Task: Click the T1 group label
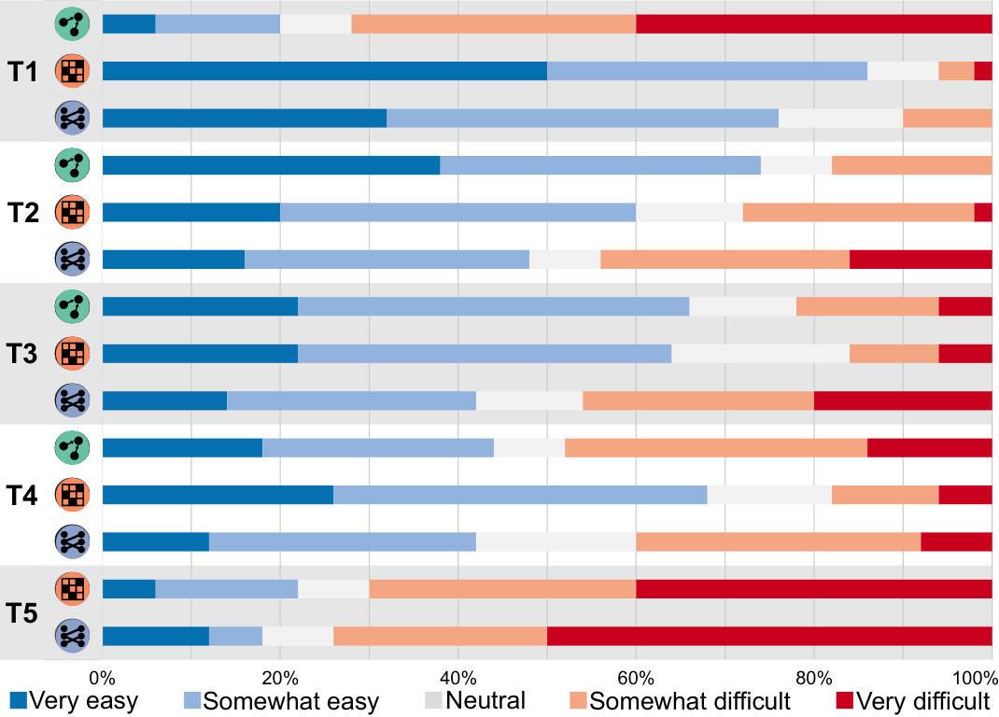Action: tap(22, 71)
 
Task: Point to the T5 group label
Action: tap(22, 613)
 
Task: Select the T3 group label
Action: tap(22, 353)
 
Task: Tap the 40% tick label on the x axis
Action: tap(458, 678)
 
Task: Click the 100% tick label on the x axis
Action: tap(975, 678)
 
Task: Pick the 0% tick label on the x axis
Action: tap(102, 678)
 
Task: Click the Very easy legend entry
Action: tap(74, 700)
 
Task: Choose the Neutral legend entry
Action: tap(475, 700)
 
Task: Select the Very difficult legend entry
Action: tap(914, 700)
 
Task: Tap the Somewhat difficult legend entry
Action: tap(680, 700)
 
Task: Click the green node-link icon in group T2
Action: tap(72, 165)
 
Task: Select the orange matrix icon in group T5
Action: tap(72, 589)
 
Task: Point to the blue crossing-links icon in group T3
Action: tap(72, 401)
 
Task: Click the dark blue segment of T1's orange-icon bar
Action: tap(325, 71)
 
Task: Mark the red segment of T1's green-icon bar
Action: tap(813, 23)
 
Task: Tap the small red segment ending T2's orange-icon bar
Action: tap(983, 212)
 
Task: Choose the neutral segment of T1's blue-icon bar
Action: tap(840, 118)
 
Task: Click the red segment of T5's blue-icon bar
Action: tap(769, 636)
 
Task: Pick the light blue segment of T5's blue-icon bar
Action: tap(235, 636)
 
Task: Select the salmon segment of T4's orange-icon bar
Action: tap(885, 495)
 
